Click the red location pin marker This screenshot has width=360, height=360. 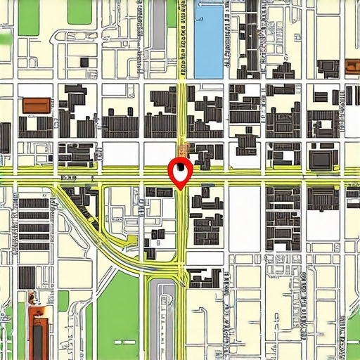click(181, 171)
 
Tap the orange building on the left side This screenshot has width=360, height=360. click(37, 105)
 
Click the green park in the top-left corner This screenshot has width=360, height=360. click(28, 18)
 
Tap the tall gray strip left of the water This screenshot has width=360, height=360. click(160, 25)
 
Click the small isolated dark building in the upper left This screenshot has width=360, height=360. click(84, 62)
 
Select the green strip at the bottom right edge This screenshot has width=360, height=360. click(354, 330)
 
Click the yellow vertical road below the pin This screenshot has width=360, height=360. click(181, 232)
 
